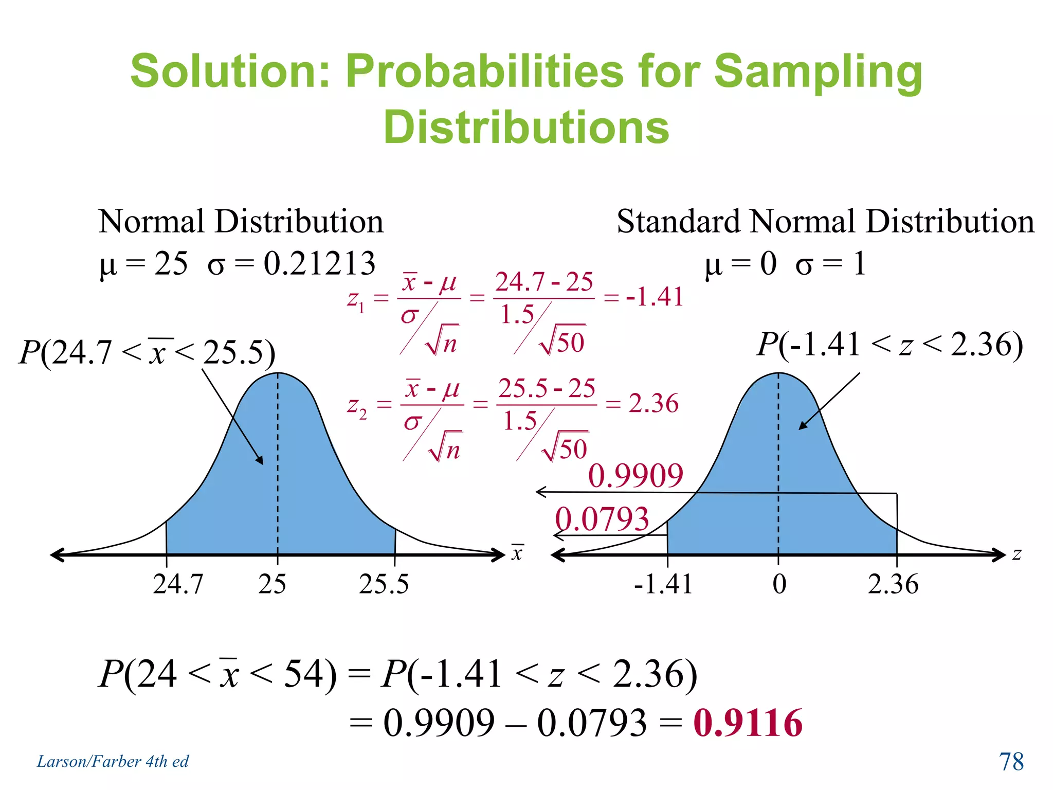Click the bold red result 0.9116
point(748,723)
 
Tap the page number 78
point(1011,762)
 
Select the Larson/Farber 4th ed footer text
point(113,761)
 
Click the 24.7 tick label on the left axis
point(178,584)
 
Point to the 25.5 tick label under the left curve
point(384,584)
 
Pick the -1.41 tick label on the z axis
point(663,584)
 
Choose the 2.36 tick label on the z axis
point(893,584)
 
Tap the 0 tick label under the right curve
point(779,584)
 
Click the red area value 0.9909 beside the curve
point(636,476)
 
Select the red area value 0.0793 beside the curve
point(602,519)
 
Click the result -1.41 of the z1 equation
point(655,297)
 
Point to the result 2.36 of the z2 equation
point(653,403)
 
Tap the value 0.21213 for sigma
point(319,264)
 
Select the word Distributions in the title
point(526,127)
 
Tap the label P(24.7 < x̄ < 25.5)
point(147,353)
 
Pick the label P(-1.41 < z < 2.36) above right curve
point(889,344)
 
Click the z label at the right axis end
point(1017,554)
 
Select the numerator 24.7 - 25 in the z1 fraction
point(544,282)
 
